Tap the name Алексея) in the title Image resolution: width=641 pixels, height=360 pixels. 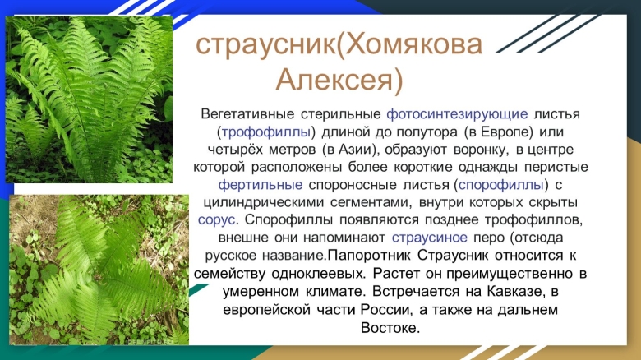[339, 80]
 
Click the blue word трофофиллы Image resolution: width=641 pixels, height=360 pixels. [267, 132]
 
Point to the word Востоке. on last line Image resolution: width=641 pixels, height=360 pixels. [390, 327]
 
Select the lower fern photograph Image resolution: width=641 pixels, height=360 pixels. [99, 270]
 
